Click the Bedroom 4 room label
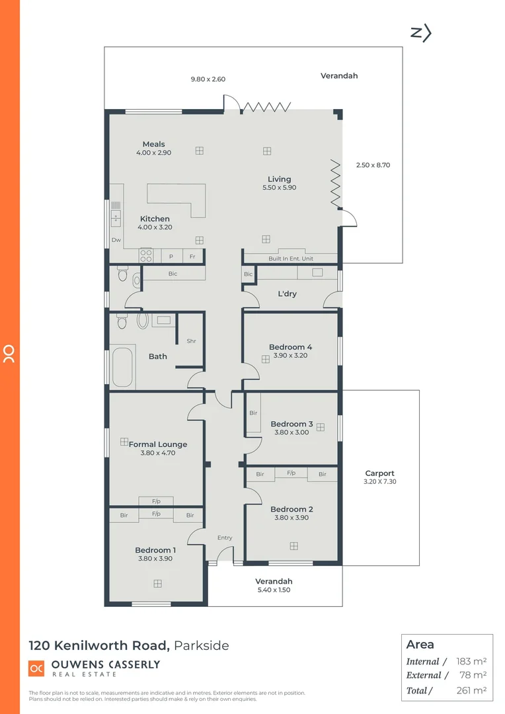coord(290,347)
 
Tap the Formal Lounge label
coord(158,444)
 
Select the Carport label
coord(379,473)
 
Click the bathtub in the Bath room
coord(124,368)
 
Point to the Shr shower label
coord(191,341)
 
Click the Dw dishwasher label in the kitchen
coord(116,240)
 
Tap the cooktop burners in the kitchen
coord(146,256)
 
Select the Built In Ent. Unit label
coord(291,258)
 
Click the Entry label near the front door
coord(225,537)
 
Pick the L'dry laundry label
coord(287,294)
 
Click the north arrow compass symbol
coord(421,33)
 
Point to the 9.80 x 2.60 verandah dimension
coord(208,79)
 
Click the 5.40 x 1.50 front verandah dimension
coord(274,590)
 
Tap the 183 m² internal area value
coord(471,661)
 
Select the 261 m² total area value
coord(471,690)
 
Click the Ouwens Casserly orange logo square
coord(36,668)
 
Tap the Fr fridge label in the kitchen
coord(192,257)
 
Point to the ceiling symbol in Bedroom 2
coord(293,545)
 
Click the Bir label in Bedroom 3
coord(253,413)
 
